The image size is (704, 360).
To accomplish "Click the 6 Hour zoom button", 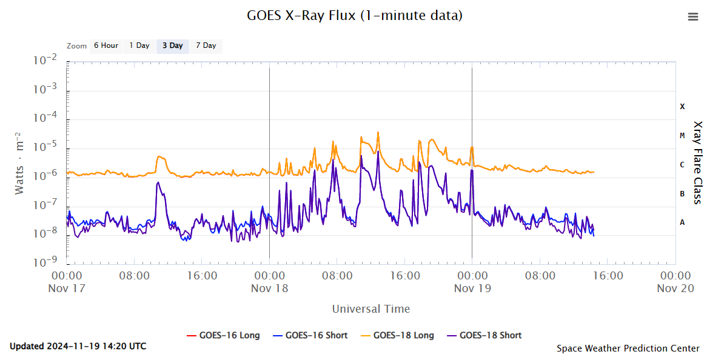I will point(106,46).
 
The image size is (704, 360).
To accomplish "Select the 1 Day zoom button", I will point(139,46).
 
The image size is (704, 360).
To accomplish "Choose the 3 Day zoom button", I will point(172,46).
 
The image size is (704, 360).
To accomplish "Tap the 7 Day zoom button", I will point(206,46).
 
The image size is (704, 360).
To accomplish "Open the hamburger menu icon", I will point(693,17).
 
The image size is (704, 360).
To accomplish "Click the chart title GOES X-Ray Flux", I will point(355,16).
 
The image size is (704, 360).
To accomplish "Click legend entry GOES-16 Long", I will point(223,335).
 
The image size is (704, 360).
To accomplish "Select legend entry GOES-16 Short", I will point(310,335).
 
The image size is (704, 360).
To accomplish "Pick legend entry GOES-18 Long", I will point(397,335).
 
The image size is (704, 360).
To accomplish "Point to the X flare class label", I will point(682,107).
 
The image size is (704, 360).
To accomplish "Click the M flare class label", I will point(682,136).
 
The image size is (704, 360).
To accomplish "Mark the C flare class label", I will point(682,165).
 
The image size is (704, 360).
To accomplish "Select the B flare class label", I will point(682,194).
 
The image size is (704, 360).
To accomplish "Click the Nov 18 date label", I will point(269,288).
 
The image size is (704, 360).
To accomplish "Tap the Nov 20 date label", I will point(675,288).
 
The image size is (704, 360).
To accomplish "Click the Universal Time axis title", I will point(371,309).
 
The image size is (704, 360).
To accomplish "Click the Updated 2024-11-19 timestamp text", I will point(78,347).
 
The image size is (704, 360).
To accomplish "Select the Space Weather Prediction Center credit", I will point(628,348).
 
